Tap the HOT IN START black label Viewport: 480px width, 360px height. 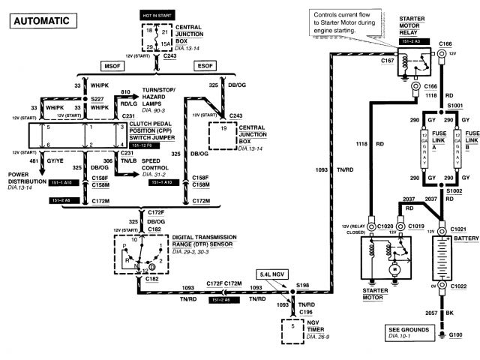coord(156,14)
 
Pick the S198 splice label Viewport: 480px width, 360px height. coord(303,285)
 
